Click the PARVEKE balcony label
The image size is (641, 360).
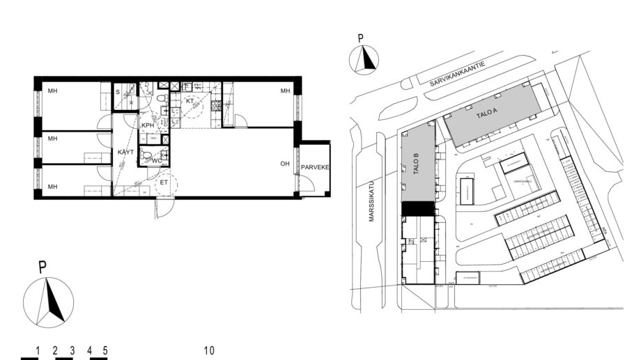coord(315,168)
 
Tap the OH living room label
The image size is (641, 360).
coord(284,164)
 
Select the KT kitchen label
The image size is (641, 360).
coord(189,102)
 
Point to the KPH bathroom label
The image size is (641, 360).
coord(148,125)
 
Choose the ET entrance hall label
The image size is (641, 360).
coord(164,183)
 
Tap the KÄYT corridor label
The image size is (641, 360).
coord(125,152)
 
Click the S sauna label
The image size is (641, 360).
coord(116,92)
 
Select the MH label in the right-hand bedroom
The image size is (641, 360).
coord(284,92)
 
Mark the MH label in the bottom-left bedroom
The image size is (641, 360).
coord(52,186)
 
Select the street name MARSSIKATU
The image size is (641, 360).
coord(372,202)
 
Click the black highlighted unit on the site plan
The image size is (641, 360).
coord(418,208)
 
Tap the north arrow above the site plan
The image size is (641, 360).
coord(364,58)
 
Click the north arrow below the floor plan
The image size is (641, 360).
coord(49,302)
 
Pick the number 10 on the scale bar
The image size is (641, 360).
coord(209,350)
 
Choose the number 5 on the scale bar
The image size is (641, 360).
coord(105,350)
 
